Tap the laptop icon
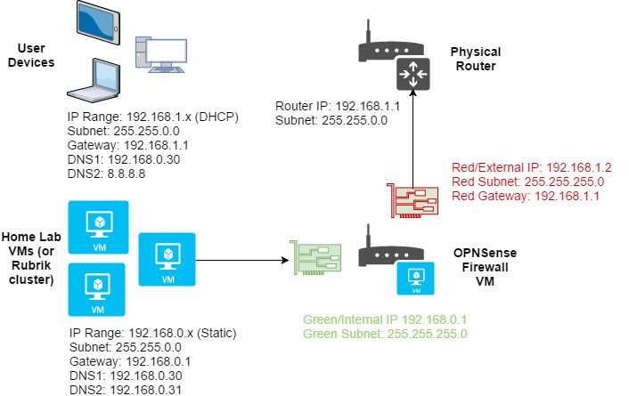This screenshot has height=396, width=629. (x=101, y=85)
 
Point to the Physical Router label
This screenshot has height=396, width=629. (x=475, y=59)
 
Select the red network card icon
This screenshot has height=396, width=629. (x=413, y=201)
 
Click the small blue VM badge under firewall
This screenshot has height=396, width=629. (x=414, y=278)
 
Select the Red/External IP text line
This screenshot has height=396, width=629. (x=522, y=166)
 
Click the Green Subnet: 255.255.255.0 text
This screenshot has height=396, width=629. (x=386, y=334)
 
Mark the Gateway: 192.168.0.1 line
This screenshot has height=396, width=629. (x=129, y=362)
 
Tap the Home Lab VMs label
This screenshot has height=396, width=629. (x=31, y=257)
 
